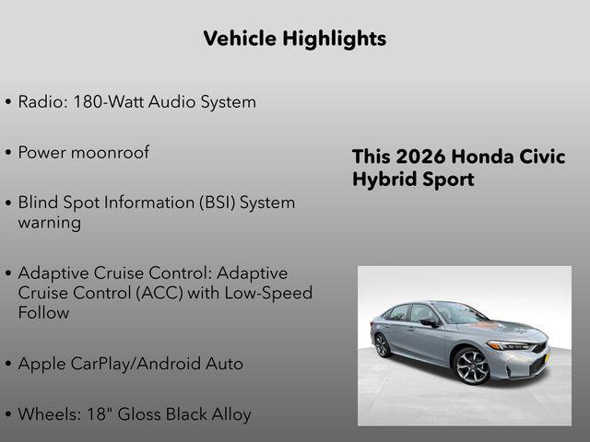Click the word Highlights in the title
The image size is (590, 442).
335,39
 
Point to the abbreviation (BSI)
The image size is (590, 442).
209,203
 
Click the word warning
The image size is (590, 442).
49,223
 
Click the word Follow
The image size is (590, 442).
43,313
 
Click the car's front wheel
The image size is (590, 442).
472,366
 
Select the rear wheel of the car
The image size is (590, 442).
382,345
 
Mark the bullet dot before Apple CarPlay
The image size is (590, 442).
8,365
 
